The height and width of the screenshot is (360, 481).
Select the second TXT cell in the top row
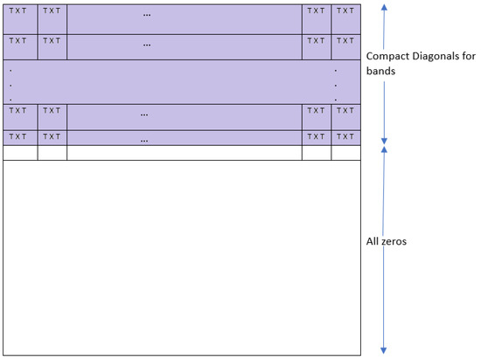[x=51, y=11]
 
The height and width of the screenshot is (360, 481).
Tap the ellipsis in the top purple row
[x=146, y=15]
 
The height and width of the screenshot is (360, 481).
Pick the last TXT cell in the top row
[x=346, y=11]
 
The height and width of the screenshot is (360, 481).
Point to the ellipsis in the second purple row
[x=146, y=44]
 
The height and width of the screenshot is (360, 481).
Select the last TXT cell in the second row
[x=346, y=40]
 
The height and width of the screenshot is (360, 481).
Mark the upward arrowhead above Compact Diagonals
[x=383, y=7]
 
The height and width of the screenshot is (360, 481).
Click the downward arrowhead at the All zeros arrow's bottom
[x=383, y=349]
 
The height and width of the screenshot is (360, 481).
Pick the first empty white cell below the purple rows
[x=19, y=153]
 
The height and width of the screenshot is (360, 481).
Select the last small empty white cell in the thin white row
[x=346, y=153]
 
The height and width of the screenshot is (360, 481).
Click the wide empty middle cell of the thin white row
[x=184, y=153]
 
